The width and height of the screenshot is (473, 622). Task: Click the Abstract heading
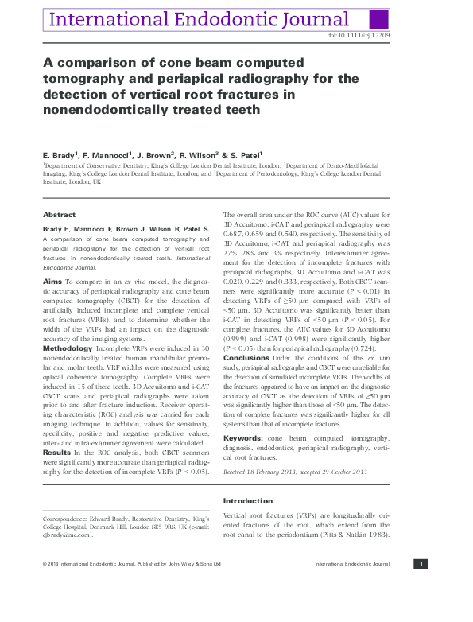pos(59,215)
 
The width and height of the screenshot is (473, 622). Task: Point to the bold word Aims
pos(52,282)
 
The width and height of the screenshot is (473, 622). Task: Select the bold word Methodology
pos(69,348)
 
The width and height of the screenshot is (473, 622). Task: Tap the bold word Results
pos(58,451)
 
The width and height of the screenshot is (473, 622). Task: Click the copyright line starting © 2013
pos(131,564)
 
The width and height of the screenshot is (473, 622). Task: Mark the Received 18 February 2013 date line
pos(262,471)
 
